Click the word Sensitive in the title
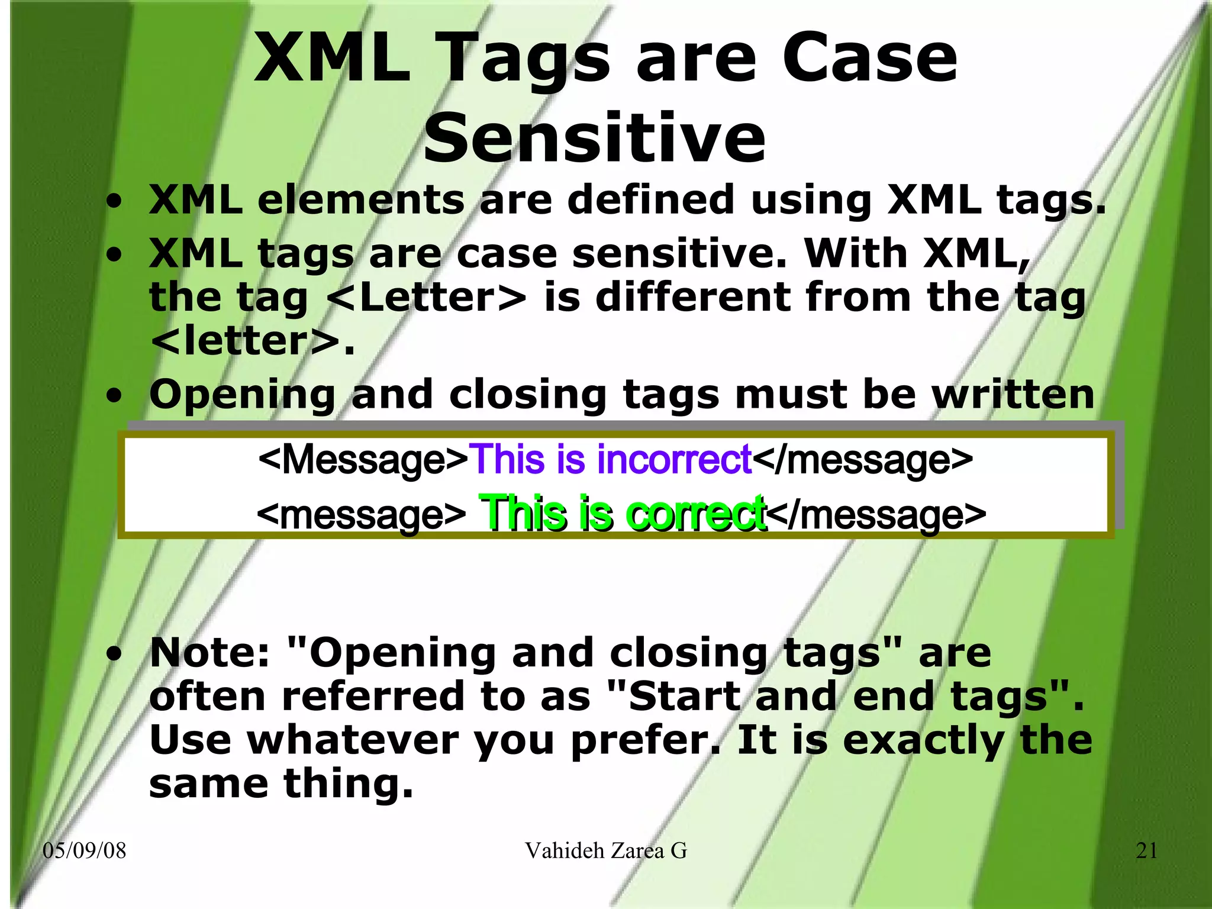click(594, 138)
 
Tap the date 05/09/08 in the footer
click(85, 850)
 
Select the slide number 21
click(1146, 850)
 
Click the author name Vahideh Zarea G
click(605, 850)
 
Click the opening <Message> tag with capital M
click(363, 459)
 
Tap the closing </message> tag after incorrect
click(863, 459)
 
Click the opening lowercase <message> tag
click(361, 514)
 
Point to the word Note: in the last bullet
click(209, 653)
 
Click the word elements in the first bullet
click(361, 199)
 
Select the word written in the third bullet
click(1013, 394)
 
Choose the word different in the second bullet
click(692, 297)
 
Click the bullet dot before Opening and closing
click(115, 395)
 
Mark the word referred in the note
click(373, 697)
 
